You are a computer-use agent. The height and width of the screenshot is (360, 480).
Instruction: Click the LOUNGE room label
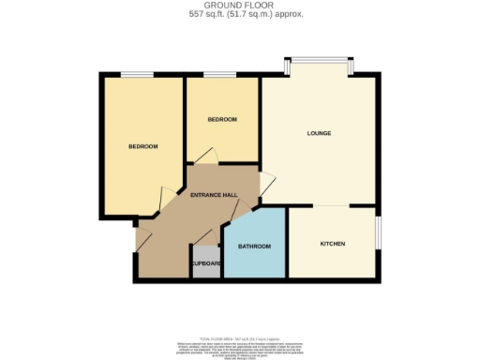319,133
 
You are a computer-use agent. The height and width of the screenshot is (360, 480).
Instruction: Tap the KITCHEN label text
333,244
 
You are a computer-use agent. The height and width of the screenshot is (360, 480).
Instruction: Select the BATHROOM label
254,247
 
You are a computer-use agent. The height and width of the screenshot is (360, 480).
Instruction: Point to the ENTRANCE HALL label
213,195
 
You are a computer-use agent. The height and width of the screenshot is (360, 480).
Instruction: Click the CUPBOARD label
206,263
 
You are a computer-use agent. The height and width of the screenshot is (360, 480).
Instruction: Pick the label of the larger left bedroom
142,146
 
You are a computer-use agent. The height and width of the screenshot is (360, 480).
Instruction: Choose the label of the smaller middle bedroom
222,119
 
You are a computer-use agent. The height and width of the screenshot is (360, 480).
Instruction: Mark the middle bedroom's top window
219,74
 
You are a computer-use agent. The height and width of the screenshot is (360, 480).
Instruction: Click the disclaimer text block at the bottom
240,343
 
